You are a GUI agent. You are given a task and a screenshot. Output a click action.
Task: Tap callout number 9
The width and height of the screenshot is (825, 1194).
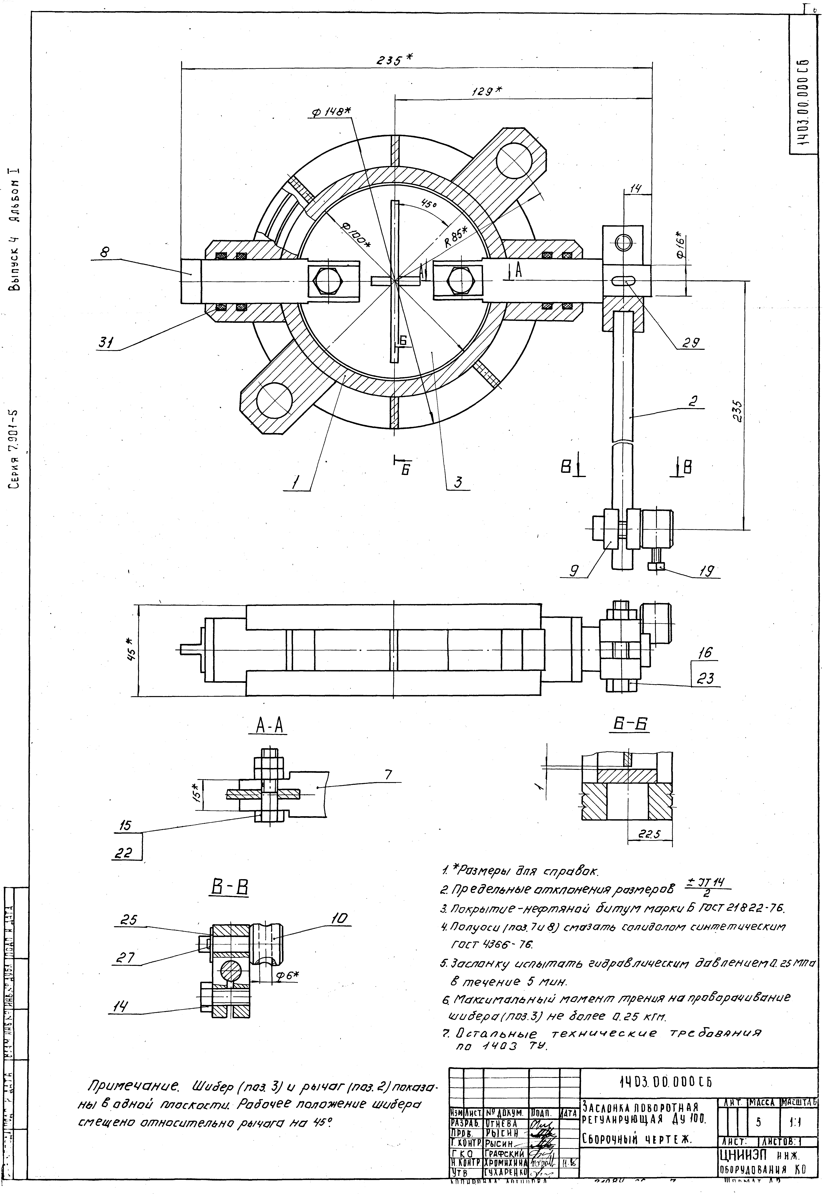[x=574, y=571]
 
